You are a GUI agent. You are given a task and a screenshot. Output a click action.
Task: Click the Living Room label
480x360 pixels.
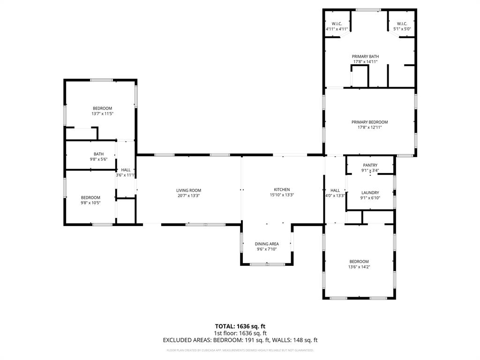[x=188, y=190]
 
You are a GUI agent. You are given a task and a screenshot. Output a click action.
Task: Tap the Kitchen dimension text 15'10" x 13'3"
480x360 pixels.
[x=281, y=195]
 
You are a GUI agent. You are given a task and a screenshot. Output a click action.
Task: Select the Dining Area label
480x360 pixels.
[x=267, y=244]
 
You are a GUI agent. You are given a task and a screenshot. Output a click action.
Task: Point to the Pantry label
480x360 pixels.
[x=370, y=165]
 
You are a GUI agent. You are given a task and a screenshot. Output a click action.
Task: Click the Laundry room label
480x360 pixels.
[x=370, y=192]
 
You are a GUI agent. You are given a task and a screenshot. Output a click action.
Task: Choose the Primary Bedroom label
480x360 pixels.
[x=369, y=122]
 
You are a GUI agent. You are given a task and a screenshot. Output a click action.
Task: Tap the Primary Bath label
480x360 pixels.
[x=365, y=56]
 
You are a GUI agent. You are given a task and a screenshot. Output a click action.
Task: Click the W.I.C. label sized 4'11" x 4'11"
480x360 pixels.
[x=337, y=24]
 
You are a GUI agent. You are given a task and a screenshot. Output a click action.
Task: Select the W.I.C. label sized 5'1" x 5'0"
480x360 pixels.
[x=402, y=24]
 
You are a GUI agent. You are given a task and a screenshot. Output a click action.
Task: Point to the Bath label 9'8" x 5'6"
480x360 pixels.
[x=98, y=154]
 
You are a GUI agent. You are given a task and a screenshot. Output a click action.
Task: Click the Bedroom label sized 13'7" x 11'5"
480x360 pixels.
[x=102, y=108]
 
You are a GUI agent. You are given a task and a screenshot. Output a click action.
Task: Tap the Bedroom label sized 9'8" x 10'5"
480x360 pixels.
[x=90, y=197]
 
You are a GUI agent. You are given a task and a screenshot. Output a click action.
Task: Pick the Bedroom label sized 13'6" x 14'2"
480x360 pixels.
[x=359, y=262]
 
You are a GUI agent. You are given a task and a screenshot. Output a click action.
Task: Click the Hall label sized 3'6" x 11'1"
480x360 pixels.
[x=126, y=170]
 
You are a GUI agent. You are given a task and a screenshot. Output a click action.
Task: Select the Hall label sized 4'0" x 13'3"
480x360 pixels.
[x=335, y=190]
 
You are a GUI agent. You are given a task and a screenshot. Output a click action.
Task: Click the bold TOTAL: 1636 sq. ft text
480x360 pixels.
[x=240, y=326]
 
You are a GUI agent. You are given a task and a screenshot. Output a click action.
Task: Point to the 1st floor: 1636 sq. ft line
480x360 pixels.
[x=240, y=333]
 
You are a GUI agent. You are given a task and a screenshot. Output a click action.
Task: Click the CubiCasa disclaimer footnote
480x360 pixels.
[x=240, y=350]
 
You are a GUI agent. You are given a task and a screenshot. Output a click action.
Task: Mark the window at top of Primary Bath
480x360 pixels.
[x=368, y=9]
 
